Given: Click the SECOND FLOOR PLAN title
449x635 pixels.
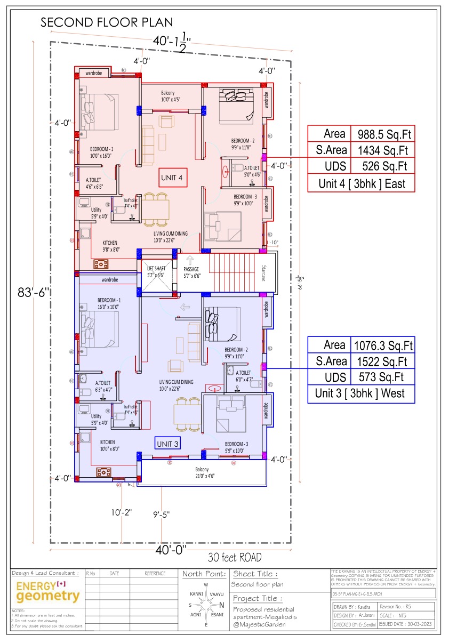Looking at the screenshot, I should coord(107,22).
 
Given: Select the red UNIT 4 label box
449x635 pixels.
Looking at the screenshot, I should coord(172,178).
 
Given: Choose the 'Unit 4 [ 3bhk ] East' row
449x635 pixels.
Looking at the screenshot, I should coord(362,184).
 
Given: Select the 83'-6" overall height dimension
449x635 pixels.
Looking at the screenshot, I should coord(34,292).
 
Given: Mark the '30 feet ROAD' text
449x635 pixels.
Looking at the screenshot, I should coord(235,558).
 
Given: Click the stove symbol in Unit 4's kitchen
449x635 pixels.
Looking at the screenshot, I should coord(101,264).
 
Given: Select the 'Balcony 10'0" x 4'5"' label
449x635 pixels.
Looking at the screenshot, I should coord(171,96).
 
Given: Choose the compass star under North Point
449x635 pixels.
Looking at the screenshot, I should coord(206,605).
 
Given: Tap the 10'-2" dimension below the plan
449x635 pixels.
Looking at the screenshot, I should coord(122,512).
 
